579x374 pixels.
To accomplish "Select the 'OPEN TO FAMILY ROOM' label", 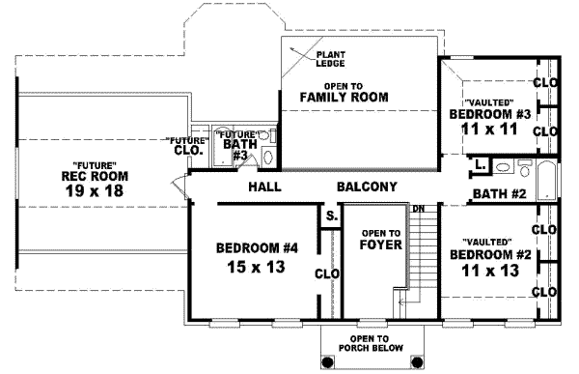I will [343, 92].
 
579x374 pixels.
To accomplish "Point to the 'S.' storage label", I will [331, 216].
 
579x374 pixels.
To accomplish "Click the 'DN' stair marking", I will [418, 208].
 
